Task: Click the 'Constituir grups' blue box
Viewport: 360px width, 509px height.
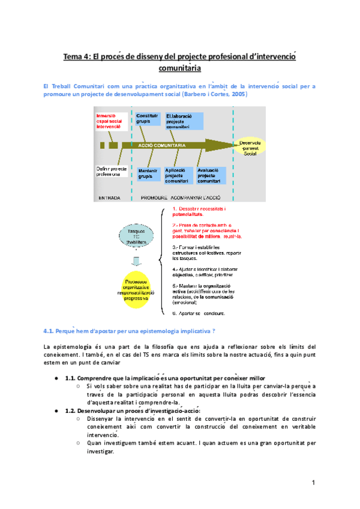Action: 148,118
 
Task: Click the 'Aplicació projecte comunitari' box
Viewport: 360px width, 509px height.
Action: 178,175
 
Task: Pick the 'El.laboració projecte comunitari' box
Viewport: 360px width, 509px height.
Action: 185,121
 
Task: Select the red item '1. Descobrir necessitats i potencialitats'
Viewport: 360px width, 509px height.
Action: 200,211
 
